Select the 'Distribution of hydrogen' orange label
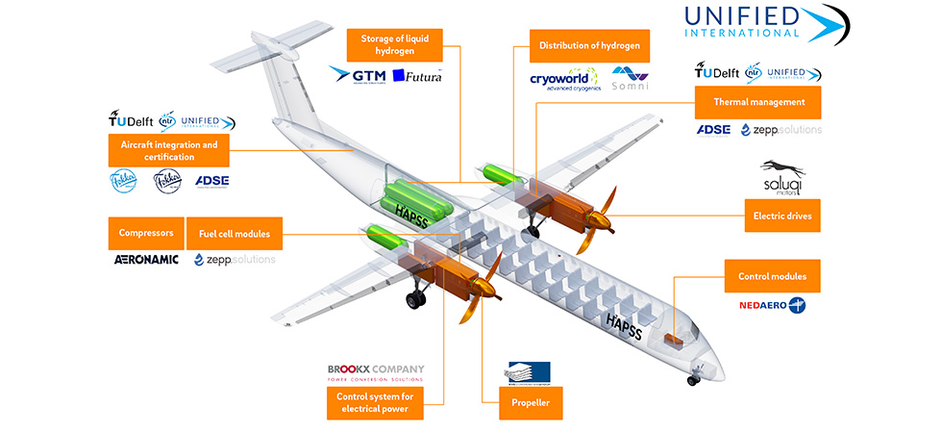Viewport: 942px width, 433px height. pos(589,45)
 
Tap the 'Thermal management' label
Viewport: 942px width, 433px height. pos(757,101)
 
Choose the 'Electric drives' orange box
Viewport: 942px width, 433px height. pos(782,216)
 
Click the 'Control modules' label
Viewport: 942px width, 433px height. pos(772,276)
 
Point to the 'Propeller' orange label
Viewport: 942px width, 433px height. pos(525,402)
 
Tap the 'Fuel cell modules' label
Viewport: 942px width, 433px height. pos(235,233)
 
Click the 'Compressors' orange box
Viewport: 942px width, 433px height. pos(145,233)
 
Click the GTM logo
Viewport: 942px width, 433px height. pos(358,73)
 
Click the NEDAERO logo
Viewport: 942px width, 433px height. pos(772,305)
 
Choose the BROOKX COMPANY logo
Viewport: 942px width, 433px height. pos(375,372)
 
